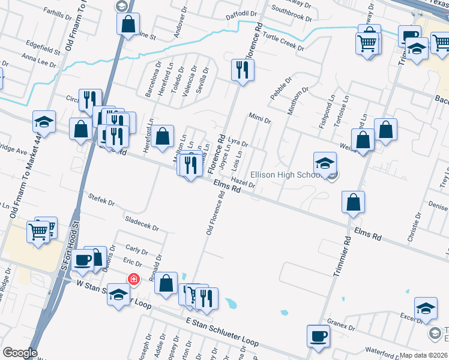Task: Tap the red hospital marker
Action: point(133,279)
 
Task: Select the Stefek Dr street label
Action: point(101,199)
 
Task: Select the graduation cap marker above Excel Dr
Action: point(426,308)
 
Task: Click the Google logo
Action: point(20,353)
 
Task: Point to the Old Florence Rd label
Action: point(215,212)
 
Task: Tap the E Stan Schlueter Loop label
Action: point(221,332)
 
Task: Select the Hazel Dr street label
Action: point(243,182)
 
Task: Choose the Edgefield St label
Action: point(42,47)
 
